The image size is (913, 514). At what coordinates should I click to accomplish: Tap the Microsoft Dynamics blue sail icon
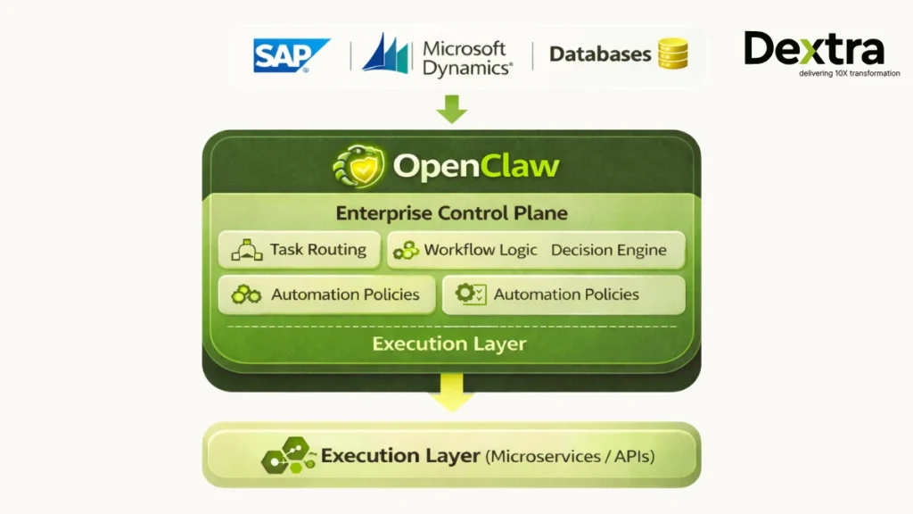coord(385,54)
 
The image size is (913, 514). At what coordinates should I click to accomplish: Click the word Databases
coord(599,54)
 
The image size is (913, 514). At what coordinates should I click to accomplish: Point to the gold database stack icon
coord(672,54)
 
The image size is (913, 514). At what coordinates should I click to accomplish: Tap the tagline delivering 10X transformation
coord(824,73)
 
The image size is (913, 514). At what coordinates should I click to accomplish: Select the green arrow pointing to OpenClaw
coord(451,109)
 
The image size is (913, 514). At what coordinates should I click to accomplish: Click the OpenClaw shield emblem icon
coord(358,166)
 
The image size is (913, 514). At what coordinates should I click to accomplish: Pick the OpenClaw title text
coord(476,166)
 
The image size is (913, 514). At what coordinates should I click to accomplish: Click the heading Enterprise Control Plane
coord(451,213)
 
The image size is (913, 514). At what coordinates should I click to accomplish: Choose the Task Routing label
coord(318,250)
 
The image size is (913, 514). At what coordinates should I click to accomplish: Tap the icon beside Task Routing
coord(246,251)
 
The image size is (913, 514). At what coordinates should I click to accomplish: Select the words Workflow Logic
coord(481,250)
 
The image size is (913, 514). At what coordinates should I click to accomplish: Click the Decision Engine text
coord(608,250)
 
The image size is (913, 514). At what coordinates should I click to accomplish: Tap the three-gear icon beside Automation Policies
coord(246,294)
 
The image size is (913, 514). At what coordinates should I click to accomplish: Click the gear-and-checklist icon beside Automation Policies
coord(470,294)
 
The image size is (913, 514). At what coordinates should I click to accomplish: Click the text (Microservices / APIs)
coord(570,457)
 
